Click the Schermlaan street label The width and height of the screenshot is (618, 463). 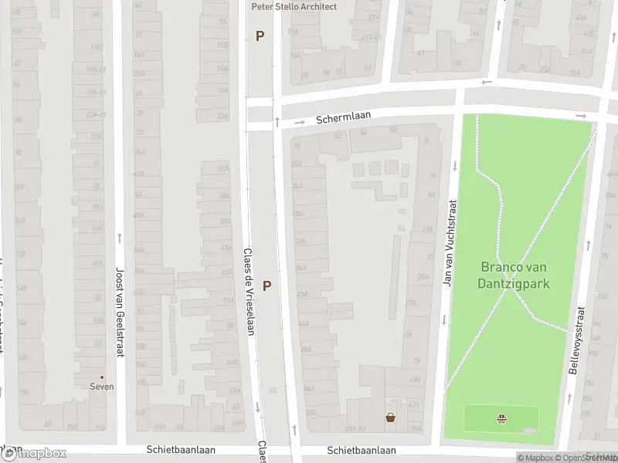click(343, 117)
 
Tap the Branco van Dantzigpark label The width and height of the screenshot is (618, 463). click(515, 275)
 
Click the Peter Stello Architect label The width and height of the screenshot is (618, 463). click(294, 6)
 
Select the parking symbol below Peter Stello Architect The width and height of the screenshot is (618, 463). click(260, 35)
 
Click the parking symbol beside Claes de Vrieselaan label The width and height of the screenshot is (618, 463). click(267, 286)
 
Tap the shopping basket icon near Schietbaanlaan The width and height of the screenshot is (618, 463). click(391, 418)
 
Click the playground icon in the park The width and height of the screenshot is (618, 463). click(502, 419)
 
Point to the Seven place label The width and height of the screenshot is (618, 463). click(102, 387)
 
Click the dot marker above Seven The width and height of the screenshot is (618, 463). click(102, 377)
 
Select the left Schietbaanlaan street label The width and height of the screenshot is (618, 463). click(181, 449)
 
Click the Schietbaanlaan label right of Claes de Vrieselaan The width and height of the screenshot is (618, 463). click(361, 449)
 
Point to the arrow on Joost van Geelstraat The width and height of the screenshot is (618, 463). click(119, 238)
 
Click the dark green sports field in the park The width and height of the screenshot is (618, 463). click(502, 419)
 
